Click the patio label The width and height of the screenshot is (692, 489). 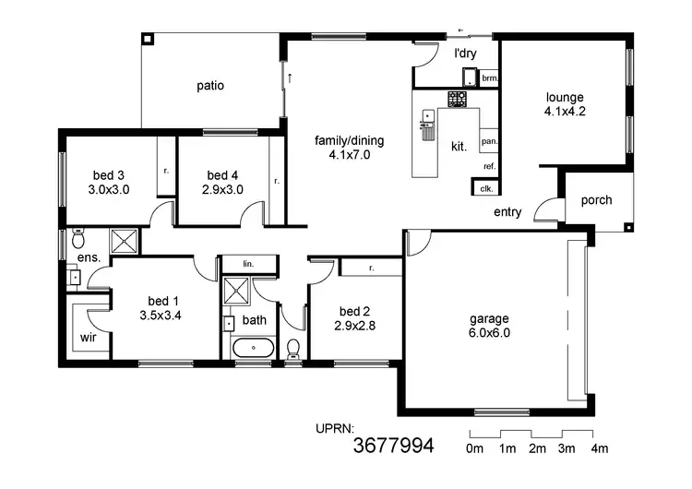(x=210, y=86)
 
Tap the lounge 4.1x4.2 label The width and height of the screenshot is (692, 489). (x=566, y=103)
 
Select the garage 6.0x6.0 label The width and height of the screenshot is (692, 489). (x=489, y=327)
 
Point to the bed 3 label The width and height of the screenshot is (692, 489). (x=109, y=183)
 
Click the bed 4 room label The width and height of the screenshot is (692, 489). (x=222, y=183)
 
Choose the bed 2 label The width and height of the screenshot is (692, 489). (x=354, y=317)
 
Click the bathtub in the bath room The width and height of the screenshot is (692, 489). (x=251, y=350)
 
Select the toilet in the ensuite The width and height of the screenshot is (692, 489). (x=78, y=233)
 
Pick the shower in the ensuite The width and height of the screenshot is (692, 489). (x=124, y=242)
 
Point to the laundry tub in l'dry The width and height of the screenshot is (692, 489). (x=469, y=78)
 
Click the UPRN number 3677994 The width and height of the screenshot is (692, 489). (x=394, y=447)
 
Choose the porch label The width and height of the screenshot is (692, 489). (x=596, y=201)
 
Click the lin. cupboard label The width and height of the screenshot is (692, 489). (x=247, y=264)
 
